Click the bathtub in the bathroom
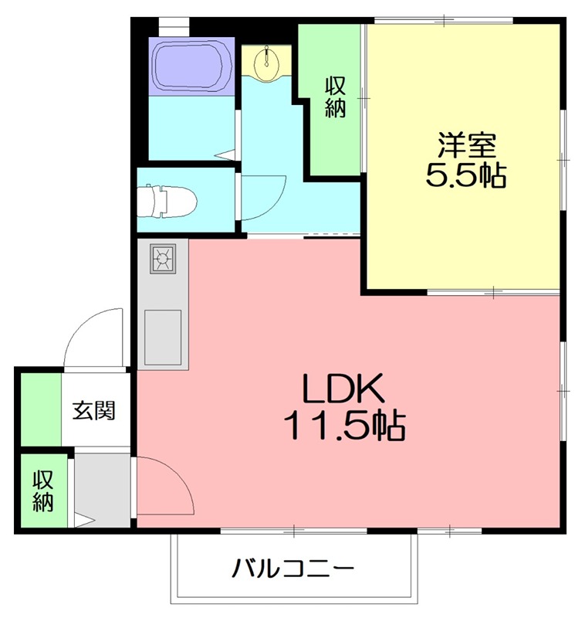191,66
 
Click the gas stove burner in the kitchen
163,257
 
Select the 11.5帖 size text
344,426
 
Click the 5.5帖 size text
466,176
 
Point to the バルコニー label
293,570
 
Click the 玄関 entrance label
94,410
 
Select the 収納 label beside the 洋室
334,97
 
